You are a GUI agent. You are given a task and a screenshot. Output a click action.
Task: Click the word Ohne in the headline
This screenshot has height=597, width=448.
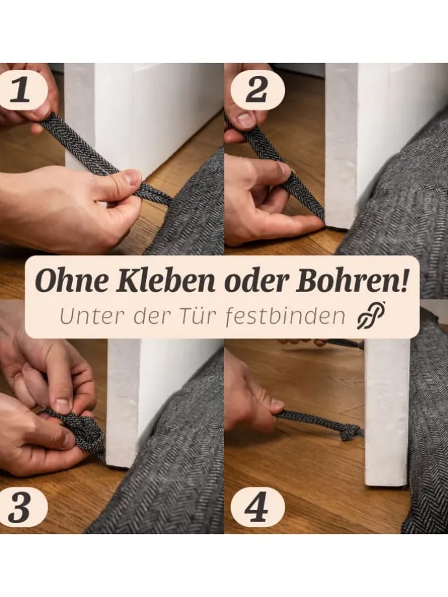coord(71,281)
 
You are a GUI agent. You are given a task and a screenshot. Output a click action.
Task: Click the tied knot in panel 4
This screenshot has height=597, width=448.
coord(351,432)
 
